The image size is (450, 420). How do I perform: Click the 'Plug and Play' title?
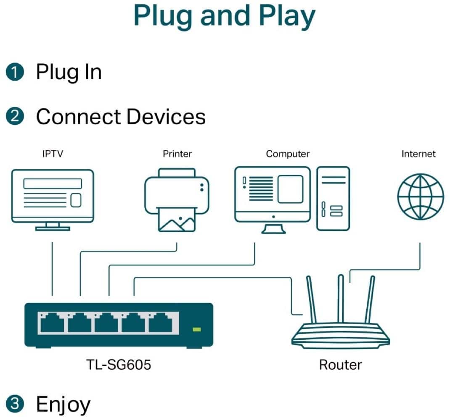[x=224, y=16]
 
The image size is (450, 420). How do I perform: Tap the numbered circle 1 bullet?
[x=15, y=72]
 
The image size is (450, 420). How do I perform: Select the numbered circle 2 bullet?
[x=15, y=117]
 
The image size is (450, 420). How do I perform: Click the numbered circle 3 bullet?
[x=15, y=404]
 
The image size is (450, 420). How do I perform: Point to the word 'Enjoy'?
[x=63, y=404]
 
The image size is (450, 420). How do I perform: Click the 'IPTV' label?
[x=53, y=154]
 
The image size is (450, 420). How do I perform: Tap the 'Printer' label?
[x=177, y=154]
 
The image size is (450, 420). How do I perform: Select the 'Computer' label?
[x=288, y=154]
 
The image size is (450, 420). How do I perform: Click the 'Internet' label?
[x=418, y=154]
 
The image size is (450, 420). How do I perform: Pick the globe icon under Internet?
[x=421, y=197]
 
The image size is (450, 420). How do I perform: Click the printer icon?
[x=177, y=199]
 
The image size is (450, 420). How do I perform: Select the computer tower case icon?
[x=333, y=198]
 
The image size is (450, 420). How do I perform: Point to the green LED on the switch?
[x=196, y=329]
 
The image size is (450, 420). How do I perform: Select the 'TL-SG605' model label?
[x=118, y=364]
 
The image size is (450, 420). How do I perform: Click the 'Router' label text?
[x=340, y=364]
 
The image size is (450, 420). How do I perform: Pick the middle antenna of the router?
[x=341, y=298]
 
